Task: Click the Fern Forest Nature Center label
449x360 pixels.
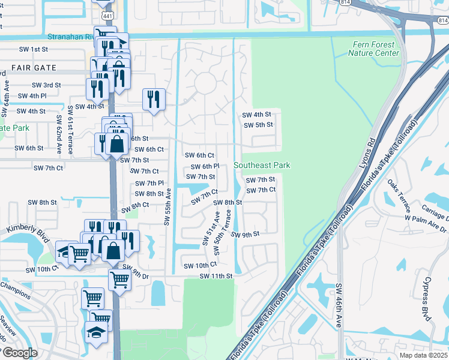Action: pos(373,49)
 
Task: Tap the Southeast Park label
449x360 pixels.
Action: pos(262,165)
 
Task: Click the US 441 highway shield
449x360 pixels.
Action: pos(106,13)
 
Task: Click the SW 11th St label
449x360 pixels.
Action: pos(215,276)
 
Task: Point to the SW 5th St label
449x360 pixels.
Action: pos(258,125)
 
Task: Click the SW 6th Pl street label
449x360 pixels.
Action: pos(205,166)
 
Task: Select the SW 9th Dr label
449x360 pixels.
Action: pos(135,271)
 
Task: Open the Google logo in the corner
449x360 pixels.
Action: pos(20,353)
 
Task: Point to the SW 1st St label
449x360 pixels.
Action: pos(33,49)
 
